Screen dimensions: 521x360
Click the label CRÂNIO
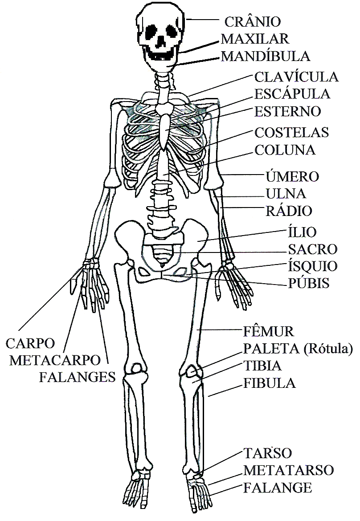click(252, 21)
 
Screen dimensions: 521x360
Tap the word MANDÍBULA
click(266, 57)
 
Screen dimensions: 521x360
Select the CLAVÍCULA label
click(296, 77)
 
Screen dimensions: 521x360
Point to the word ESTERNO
click(287, 111)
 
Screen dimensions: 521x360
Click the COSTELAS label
click(291, 132)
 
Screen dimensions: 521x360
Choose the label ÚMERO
click(292, 176)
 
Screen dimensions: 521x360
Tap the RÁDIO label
click(289, 211)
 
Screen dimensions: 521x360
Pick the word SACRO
click(313, 249)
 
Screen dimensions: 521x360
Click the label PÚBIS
click(308, 283)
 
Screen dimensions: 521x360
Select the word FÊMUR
click(269, 332)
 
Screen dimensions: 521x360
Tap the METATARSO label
click(289, 470)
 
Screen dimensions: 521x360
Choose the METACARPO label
click(54, 360)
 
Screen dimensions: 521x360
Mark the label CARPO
click(30, 343)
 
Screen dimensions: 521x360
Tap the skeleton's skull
click(160, 22)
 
